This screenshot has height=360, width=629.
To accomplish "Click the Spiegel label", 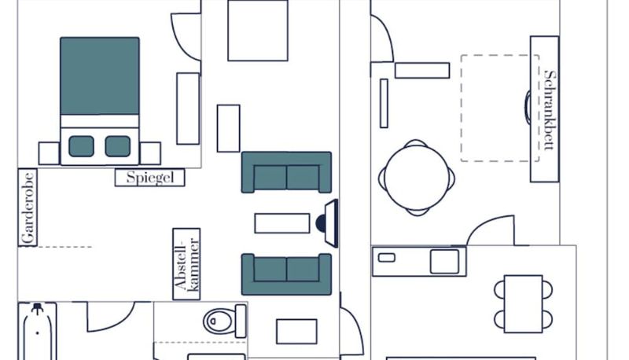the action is point(150,177).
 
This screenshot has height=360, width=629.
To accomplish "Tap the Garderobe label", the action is point(28,208).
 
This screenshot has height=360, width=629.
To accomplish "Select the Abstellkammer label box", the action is point(186,264).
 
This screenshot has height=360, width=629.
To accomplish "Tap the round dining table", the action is point(417,178).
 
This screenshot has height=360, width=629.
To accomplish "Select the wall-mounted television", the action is point(330,223).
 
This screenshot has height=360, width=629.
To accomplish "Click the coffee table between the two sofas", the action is point(282,223).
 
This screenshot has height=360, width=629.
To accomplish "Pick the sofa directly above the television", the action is point(286,172).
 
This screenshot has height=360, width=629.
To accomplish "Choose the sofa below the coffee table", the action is point(286,274).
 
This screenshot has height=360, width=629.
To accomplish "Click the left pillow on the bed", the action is point(81,146).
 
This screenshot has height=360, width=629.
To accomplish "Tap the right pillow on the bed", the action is point(117,146).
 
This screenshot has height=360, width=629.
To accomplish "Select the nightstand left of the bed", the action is point(49,153).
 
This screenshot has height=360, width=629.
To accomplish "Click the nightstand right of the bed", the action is point(150,153).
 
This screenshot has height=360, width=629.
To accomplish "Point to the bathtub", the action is point(37,332).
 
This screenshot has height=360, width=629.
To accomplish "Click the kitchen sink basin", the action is point(444,262).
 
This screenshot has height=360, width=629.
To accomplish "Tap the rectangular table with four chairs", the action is point(523,304).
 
